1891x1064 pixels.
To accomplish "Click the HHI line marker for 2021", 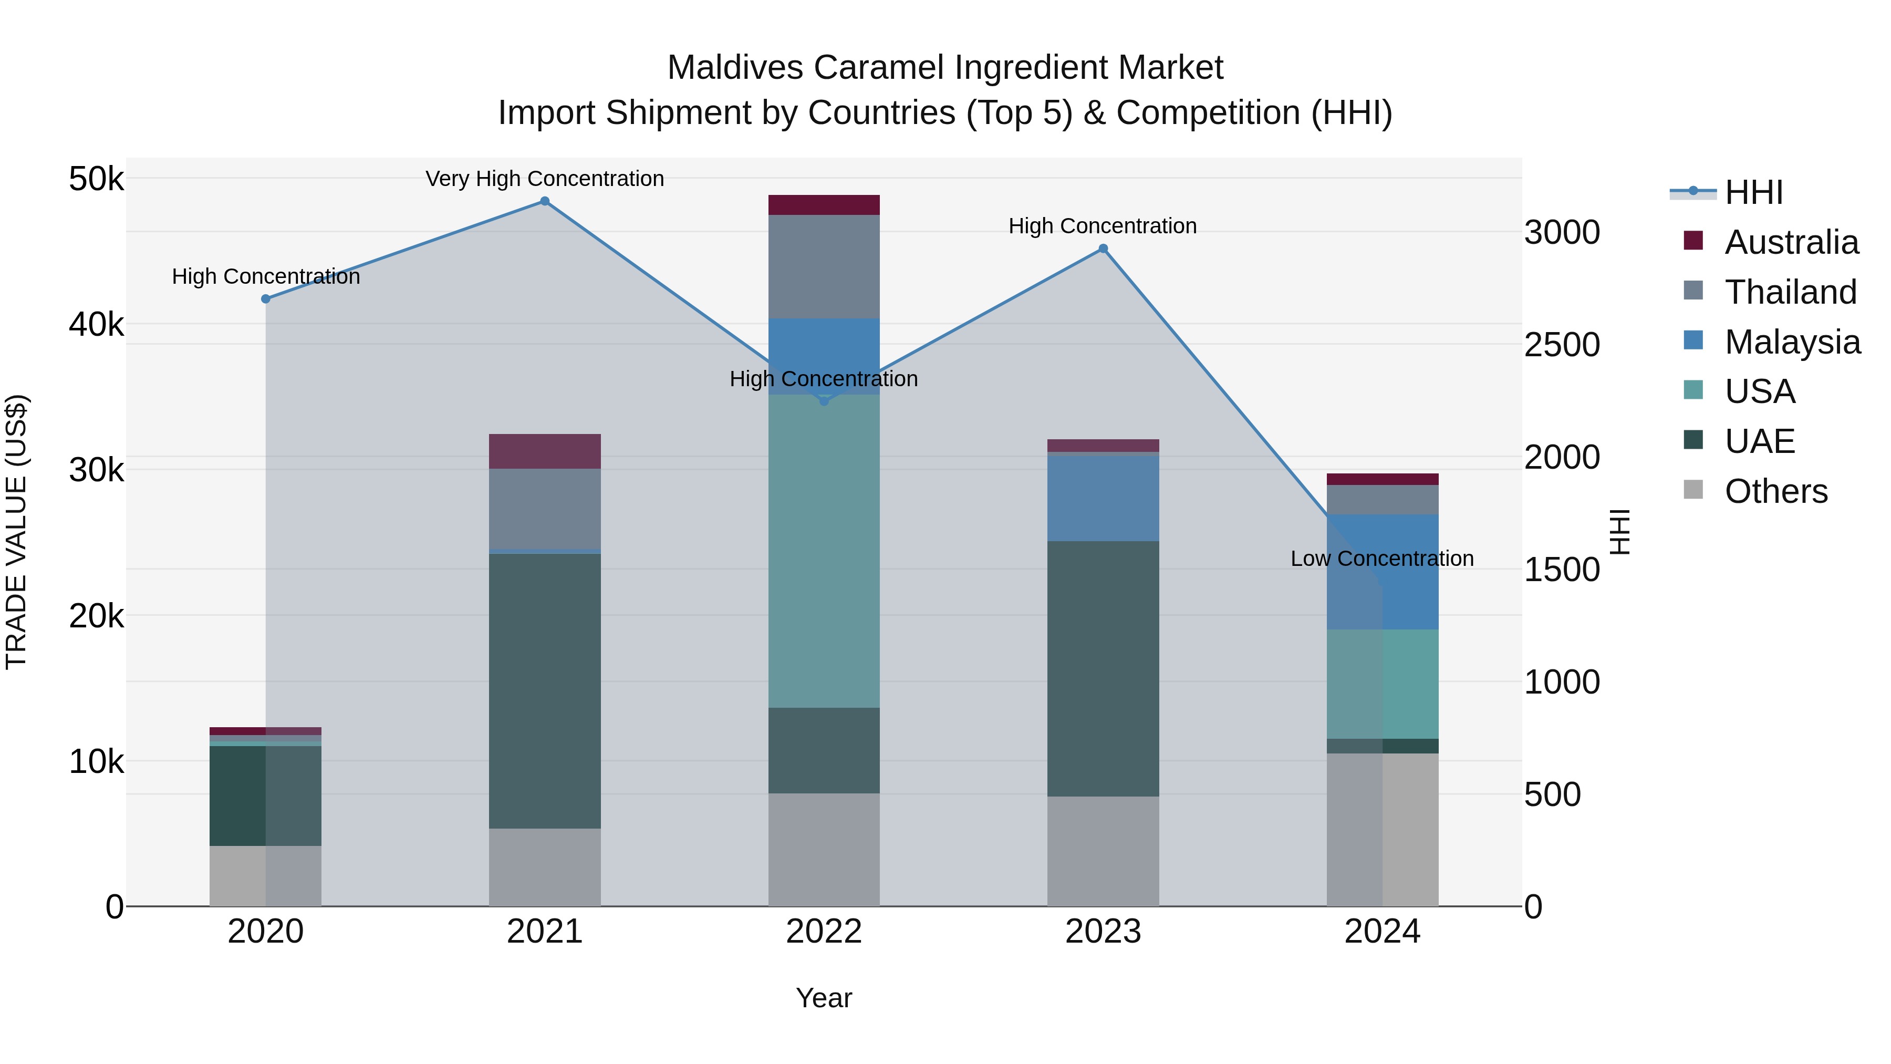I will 545,201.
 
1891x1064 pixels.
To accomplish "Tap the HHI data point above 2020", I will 266,299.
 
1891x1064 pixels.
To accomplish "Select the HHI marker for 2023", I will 1103,249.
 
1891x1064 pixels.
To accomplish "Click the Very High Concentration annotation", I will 545,179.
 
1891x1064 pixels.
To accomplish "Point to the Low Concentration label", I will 1381,559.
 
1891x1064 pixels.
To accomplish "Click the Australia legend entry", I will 1791,242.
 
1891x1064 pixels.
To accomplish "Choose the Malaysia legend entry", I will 1792,342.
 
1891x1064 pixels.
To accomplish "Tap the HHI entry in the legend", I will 1753,192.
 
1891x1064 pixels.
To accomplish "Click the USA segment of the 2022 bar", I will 824,551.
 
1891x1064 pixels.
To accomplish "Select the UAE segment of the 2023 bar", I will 1103,668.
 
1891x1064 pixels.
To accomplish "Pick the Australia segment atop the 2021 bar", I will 545,451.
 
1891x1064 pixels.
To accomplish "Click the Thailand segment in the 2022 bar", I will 824,266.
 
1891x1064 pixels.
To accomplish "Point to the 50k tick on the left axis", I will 96,179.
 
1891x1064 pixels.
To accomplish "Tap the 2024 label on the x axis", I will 1381,932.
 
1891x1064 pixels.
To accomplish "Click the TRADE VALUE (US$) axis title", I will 16,532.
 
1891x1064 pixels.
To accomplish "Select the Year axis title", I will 824,998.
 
